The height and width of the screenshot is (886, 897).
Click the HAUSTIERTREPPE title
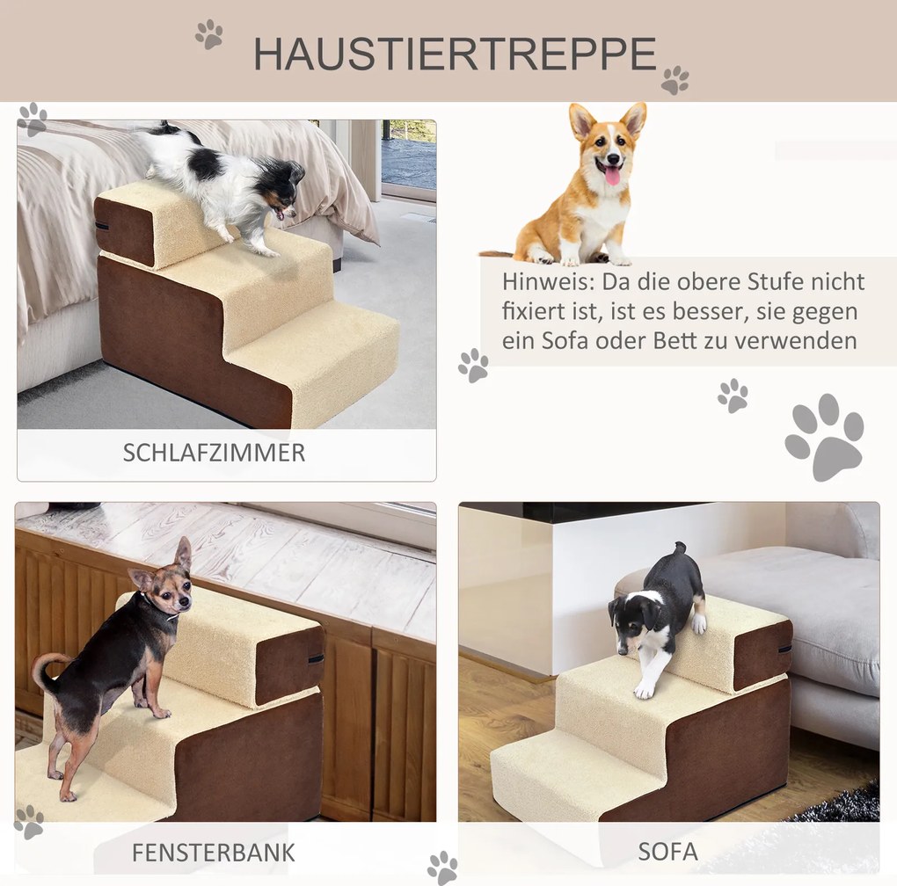tap(455, 54)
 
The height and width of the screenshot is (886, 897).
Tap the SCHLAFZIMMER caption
tap(214, 453)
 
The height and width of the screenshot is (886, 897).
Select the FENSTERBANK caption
tap(214, 853)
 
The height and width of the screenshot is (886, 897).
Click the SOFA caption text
tap(667, 852)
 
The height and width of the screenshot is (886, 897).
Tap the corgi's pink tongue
tap(612, 176)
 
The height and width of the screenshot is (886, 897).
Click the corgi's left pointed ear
tap(582, 120)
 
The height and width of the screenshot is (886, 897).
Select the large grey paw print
tap(824, 437)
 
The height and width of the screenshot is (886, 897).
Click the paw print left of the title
tap(208, 34)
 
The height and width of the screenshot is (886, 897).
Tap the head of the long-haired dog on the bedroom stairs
tap(282, 190)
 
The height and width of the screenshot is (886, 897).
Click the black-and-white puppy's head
tap(631, 624)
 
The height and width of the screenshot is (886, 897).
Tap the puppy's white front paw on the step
tap(645, 690)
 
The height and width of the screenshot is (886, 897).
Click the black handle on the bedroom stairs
tap(102, 226)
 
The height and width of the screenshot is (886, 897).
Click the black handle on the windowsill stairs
tap(317, 659)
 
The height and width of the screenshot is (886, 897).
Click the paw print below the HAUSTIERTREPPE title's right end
tap(675, 80)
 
